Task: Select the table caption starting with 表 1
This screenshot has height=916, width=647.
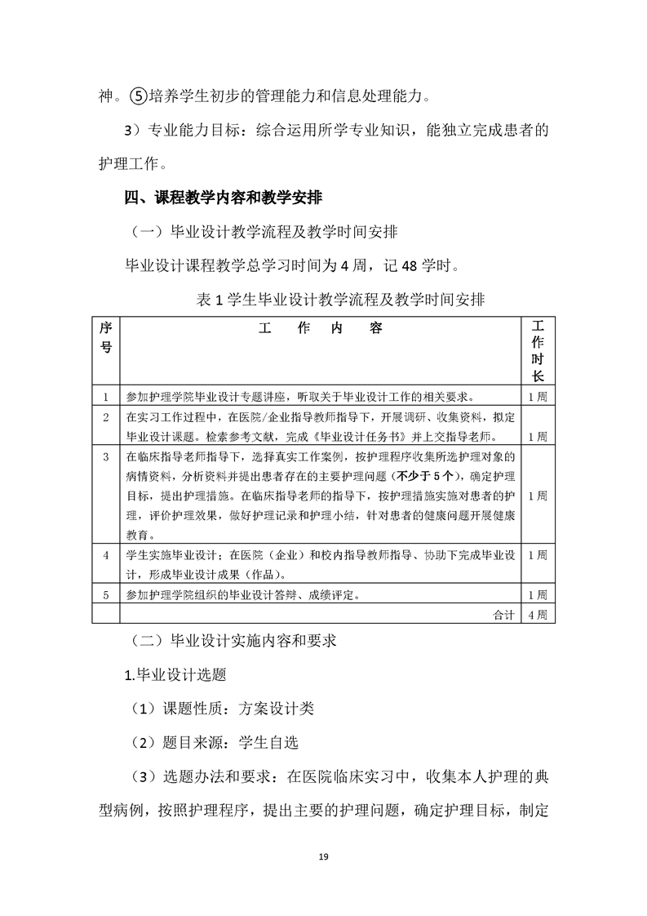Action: click(341, 300)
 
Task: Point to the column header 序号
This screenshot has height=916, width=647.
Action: click(106, 337)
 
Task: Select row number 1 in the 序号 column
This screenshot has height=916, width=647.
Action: click(106, 397)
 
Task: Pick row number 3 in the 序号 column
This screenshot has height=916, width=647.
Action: click(106, 456)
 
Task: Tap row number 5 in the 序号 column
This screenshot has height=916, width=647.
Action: click(106, 594)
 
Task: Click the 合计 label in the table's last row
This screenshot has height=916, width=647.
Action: click(504, 614)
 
